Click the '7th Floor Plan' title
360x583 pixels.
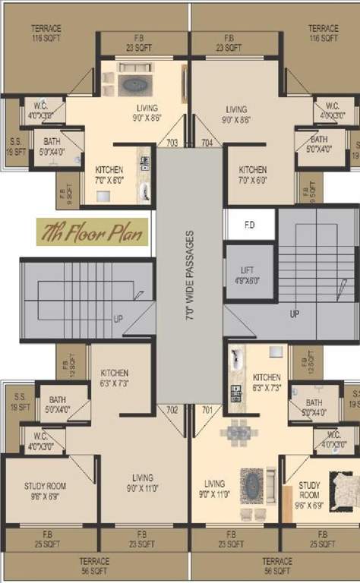click(92, 234)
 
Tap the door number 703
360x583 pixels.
click(172, 143)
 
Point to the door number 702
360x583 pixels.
click(172, 410)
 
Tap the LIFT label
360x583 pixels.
click(248, 274)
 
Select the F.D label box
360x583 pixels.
click(248, 225)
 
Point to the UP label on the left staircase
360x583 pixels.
click(118, 319)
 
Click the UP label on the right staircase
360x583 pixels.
click(294, 313)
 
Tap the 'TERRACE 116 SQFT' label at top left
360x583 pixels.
click(46, 33)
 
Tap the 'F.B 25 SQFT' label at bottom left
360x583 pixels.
click(46, 538)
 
